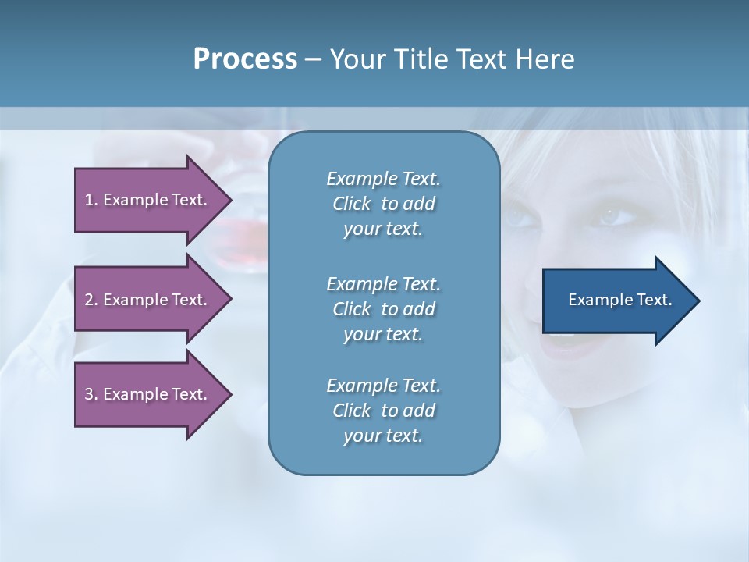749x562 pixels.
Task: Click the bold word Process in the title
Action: [245, 59]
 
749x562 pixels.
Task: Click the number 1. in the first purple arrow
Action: [91, 200]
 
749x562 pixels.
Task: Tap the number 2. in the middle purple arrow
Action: [91, 300]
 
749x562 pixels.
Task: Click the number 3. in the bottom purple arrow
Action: [91, 394]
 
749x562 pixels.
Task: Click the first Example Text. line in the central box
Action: [383, 179]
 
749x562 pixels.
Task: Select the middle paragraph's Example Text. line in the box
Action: [383, 283]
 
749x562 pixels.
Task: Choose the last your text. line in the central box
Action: [383, 436]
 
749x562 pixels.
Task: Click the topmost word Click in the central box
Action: [352, 204]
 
